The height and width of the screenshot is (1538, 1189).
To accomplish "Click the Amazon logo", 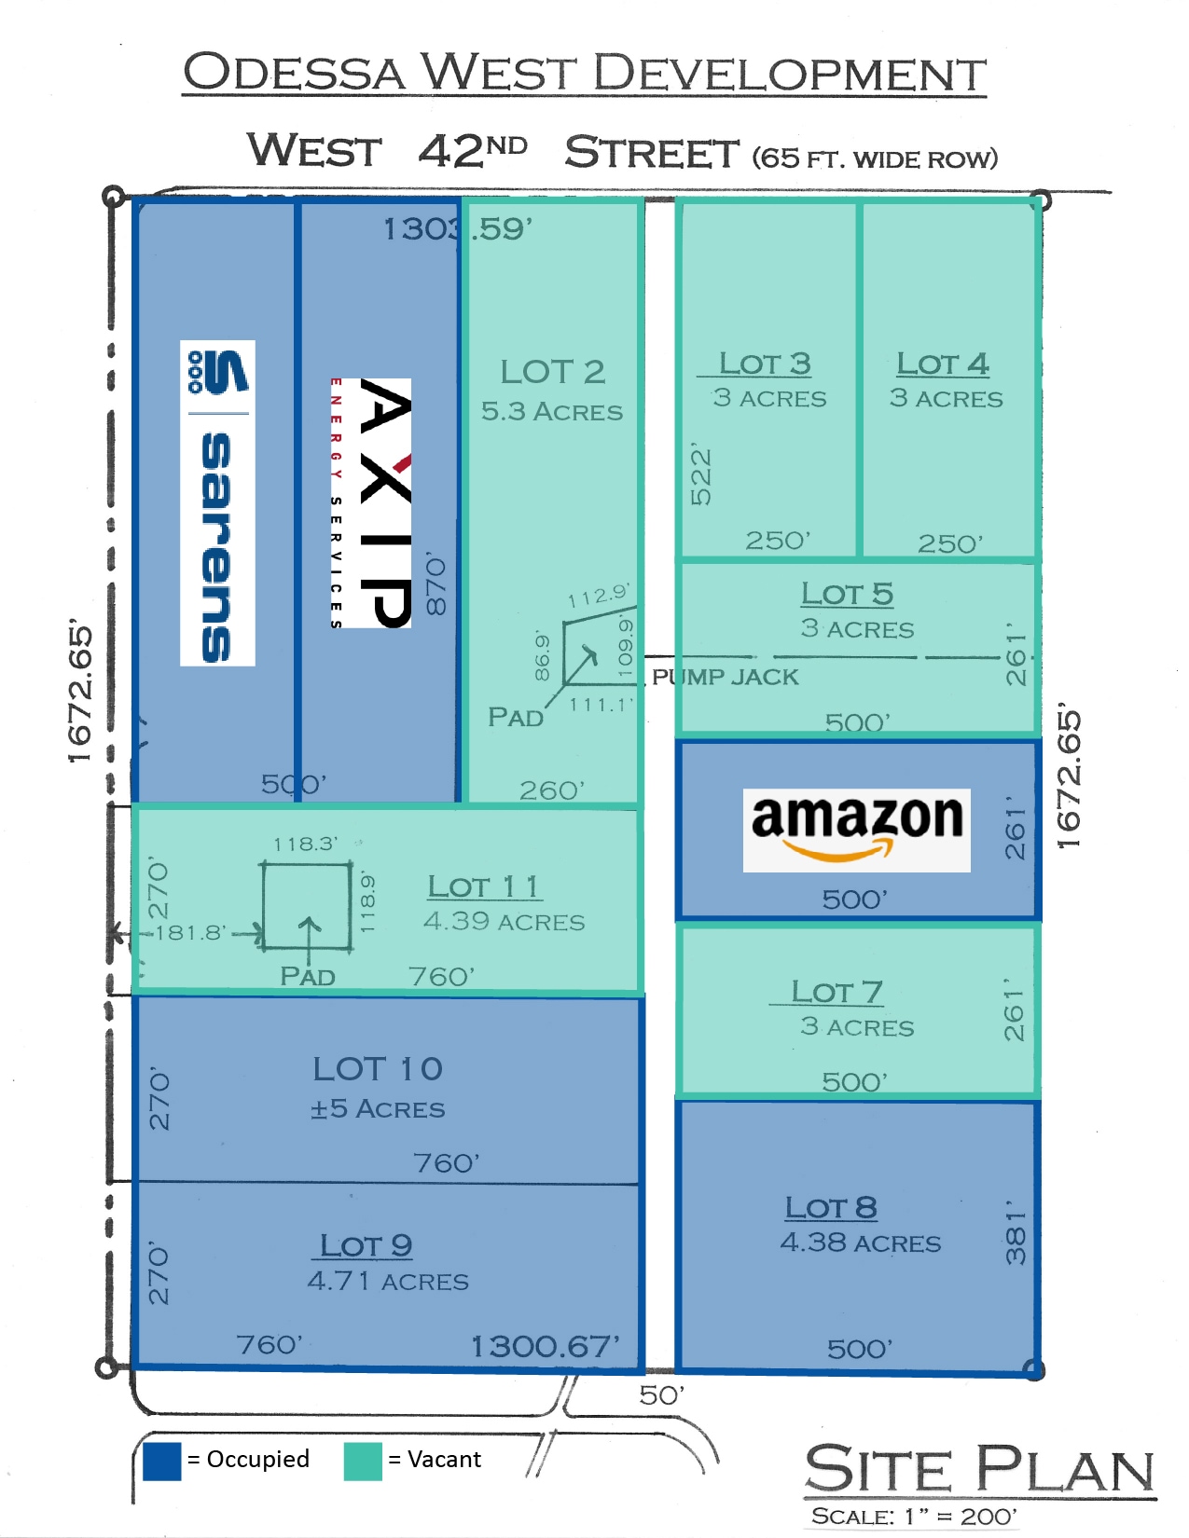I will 856,830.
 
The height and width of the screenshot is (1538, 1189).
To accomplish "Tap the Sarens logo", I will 217,503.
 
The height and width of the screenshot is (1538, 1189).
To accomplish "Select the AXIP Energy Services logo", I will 372,503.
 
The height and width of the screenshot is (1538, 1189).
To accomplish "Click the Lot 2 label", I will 552,372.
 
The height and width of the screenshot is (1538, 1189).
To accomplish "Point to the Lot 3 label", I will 765,364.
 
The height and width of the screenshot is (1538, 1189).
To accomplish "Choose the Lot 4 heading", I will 943,364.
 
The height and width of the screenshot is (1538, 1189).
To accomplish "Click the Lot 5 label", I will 847,594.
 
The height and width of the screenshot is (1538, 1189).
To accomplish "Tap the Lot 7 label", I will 836,992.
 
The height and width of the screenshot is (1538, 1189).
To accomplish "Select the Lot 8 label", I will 831,1208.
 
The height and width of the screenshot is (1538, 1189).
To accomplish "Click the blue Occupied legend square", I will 162,1461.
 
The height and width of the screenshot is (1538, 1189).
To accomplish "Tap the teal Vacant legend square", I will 363,1461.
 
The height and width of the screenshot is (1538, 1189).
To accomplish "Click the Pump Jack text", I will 726,677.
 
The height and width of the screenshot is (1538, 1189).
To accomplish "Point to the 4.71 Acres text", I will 388,1282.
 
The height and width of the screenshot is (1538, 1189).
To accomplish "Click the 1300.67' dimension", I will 545,1346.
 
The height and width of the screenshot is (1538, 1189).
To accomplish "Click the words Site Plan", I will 979,1470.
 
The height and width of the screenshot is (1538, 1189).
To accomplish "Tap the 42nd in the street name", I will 472,151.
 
